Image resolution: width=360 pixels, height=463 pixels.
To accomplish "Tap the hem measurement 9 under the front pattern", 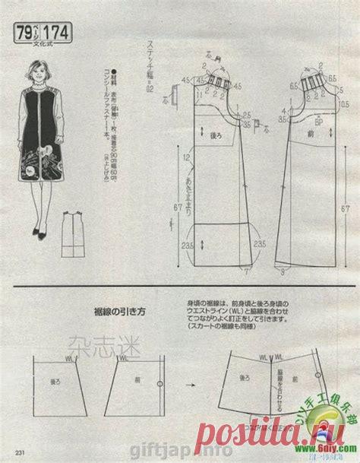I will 285,271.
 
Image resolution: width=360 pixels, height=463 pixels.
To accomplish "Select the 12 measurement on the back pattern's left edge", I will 188,157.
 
